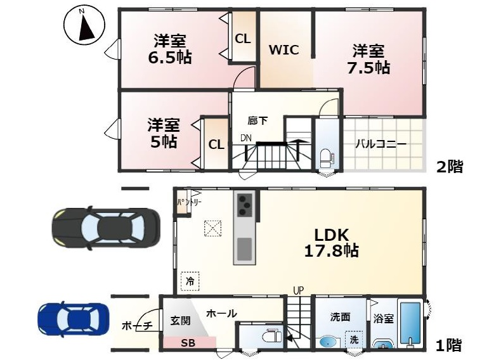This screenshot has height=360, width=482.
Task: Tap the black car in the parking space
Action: [106, 228]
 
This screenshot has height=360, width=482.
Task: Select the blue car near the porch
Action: [73, 319]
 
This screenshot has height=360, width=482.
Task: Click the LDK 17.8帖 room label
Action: [331, 243]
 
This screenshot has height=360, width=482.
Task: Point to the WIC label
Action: [283, 50]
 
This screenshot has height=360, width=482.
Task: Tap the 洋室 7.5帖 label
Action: [368, 59]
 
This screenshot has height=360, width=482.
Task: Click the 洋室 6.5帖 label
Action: [170, 49]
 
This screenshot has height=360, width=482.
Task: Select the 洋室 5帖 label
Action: [163, 132]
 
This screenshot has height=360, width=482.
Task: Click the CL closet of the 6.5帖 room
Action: [242, 39]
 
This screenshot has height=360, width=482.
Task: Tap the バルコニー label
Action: [381, 144]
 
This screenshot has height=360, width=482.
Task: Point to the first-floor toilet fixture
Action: [272, 336]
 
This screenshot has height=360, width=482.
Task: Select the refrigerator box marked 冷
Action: [190, 281]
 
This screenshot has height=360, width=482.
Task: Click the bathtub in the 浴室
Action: [410, 324]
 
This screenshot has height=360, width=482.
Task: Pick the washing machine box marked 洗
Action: [354, 340]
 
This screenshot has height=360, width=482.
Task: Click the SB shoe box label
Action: [188, 343]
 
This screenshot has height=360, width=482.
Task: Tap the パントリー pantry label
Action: [189, 202]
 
